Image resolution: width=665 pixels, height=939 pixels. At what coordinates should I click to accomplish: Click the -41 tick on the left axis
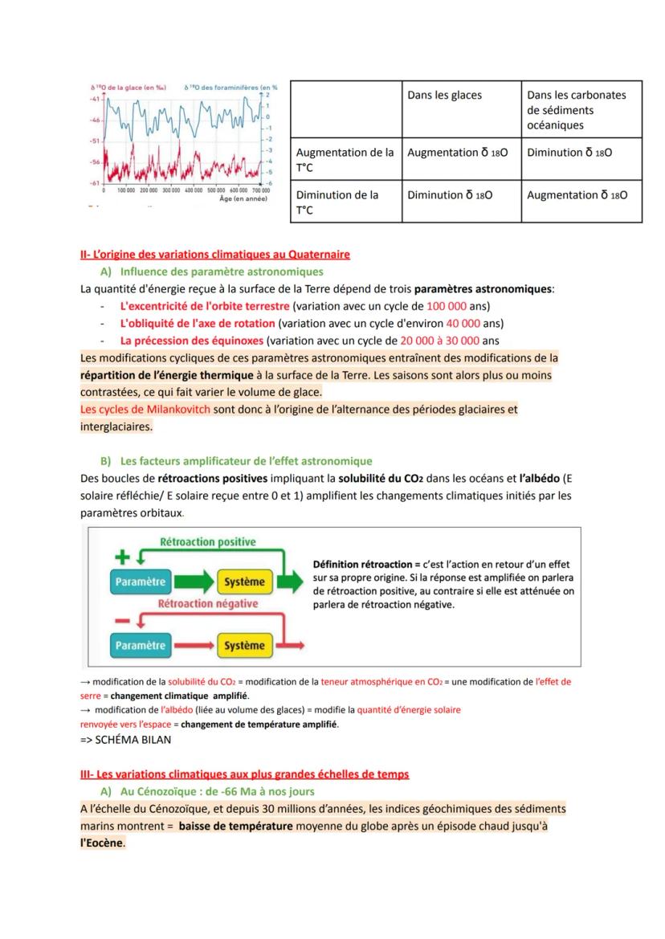94,98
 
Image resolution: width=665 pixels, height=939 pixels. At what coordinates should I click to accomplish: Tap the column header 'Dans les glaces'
444,95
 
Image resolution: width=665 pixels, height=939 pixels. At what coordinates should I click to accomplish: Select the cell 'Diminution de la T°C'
337,202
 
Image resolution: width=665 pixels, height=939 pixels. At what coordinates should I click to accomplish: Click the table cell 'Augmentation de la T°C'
345,160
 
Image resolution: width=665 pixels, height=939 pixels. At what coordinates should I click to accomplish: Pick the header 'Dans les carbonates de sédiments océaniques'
576,110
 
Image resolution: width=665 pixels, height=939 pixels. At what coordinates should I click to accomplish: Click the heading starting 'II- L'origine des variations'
214,255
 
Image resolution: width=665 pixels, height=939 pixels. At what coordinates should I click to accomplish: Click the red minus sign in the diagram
121,620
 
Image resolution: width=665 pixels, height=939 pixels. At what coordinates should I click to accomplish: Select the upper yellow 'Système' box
244,581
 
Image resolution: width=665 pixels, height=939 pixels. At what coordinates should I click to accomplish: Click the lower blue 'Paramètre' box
141,645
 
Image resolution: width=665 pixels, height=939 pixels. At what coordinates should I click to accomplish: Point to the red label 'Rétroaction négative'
208,603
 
